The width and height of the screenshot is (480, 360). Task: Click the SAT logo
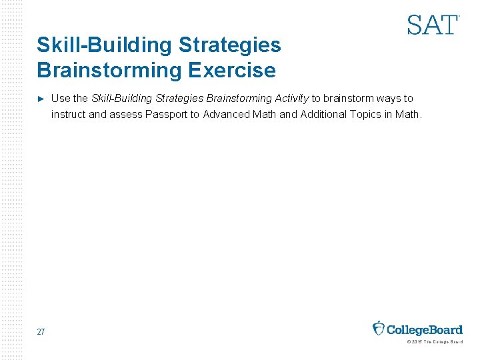coord(433,25)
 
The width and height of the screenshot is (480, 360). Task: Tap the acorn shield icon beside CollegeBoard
coord(379,329)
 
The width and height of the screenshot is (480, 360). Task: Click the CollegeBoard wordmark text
coord(425,329)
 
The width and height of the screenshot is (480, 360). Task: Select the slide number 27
coord(41,332)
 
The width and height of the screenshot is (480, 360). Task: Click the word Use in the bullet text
coord(61,99)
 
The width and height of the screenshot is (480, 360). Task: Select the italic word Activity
coord(291,99)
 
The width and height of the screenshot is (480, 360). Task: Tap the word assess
coord(124,114)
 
